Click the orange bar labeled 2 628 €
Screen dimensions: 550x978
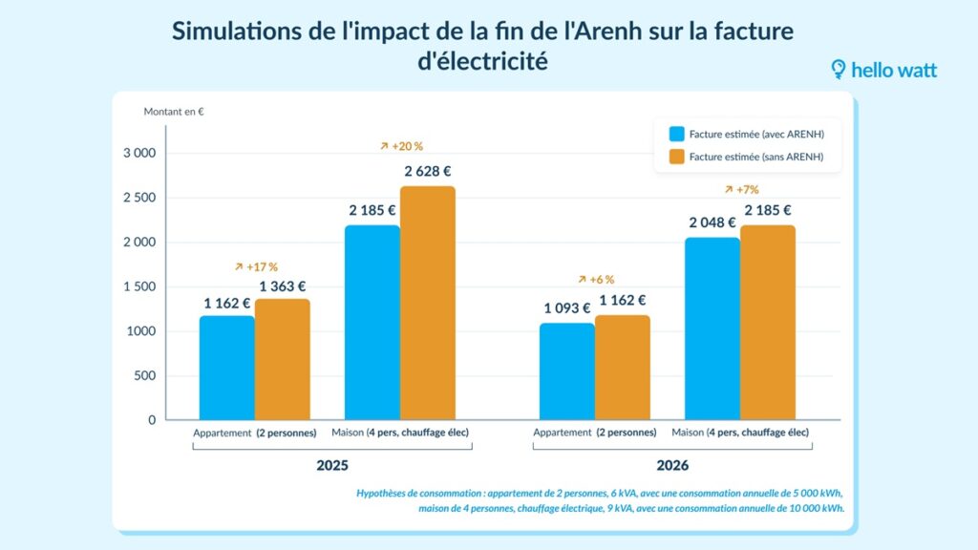(x=428, y=303)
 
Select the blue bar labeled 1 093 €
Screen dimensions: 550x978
(x=566, y=371)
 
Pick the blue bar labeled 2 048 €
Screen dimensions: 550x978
(x=712, y=328)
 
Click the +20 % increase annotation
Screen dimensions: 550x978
(x=401, y=147)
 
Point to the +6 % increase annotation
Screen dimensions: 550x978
(x=596, y=280)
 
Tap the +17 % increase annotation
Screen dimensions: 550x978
(x=256, y=266)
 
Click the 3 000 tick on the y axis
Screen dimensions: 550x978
(x=139, y=153)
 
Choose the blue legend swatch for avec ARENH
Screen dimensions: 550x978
(x=677, y=135)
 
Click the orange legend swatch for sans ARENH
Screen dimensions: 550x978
(x=677, y=157)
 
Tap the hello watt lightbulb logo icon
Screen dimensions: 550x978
(x=839, y=70)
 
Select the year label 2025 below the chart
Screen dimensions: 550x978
(x=332, y=467)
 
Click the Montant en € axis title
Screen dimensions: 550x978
(x=174, y=112)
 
